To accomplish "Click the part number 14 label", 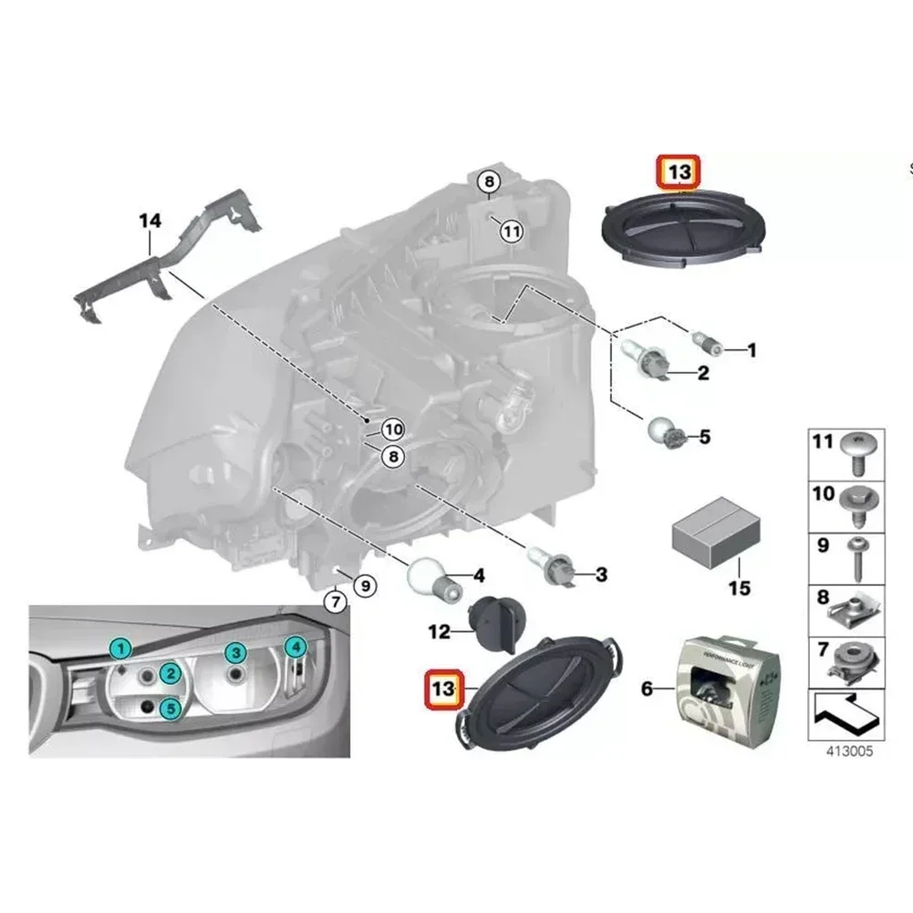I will tap(149, 220).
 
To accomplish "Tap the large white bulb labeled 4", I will tap(431, 578).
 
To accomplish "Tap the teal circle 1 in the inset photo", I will tap(119, 649).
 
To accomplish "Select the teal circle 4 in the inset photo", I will tap(295, 648).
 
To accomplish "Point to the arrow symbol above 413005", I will tap(844, 712).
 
